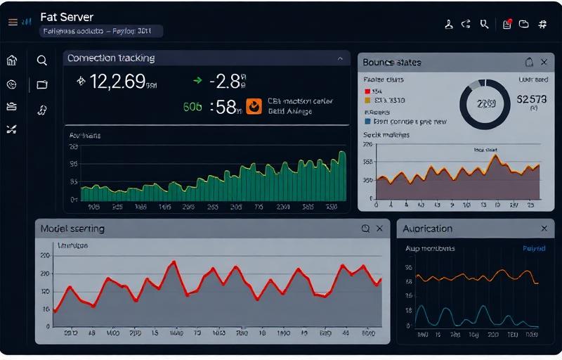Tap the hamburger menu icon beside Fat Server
pyautogui.click(x=12, y=22)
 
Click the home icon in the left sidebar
pyautogui.click(x=11, y=60)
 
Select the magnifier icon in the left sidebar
pyautogui.click(x=41, y=60)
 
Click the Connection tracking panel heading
pyautogui.click(x=110, y=58)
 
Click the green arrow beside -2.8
pyautogui.click(x=197, y=82)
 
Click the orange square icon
pyautogui.click(x=254, y=105)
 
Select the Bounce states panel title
pyautogui.click(x=391, y=63)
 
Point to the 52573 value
pyautogui.click(x=531, y=99)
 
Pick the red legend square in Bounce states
pyautogui.click(x=367, y=91)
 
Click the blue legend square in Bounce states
pyautogui.click(x=367, y=121)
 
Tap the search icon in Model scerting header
pyautogui.click(x=365, y=229)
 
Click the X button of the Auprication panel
pyautogui.click(x=544, y=229)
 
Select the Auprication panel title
pyautogui.click(x=429, y=229)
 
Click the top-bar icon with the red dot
pyautogui.click(x=507, y=24)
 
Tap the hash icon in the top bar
pyautogui.click(x=542, y=24)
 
